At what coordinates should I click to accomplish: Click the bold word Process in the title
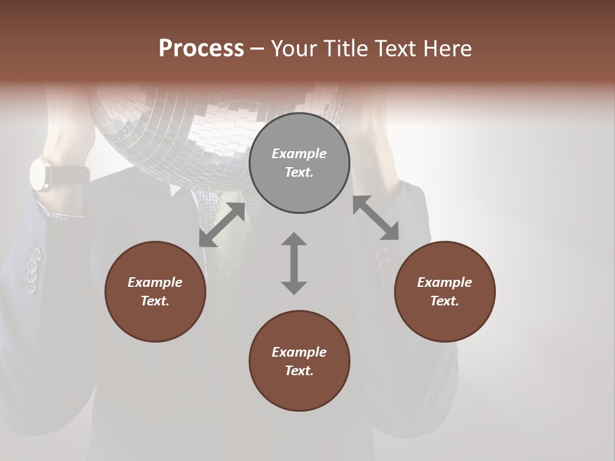click(x=201, y=49)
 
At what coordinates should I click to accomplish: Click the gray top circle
click(x=299, y=163)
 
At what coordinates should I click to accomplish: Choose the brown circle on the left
click(x=155, y=291)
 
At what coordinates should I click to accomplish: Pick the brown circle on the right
click(x=445, y=291)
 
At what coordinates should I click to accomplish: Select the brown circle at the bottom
click(x=299, y=361)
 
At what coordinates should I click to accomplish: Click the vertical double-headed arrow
click(x=294, y=263)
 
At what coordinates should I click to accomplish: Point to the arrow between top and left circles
click(x=222, y=225)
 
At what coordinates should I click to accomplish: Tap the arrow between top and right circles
click(x=375, y=218)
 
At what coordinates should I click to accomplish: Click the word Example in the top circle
click(x=299, y=154)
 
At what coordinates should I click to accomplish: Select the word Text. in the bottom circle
click(x=299, y=371)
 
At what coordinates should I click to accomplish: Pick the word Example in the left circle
click(x=155, y=282)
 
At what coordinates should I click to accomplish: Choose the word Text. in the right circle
click(x=445, y=301)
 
